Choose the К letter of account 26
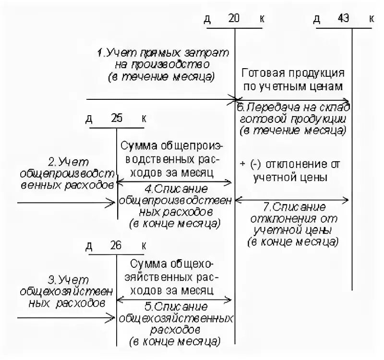click(144, 246)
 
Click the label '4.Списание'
click(176, 188)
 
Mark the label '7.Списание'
click(295, 207)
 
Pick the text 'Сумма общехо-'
click(171, 264)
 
